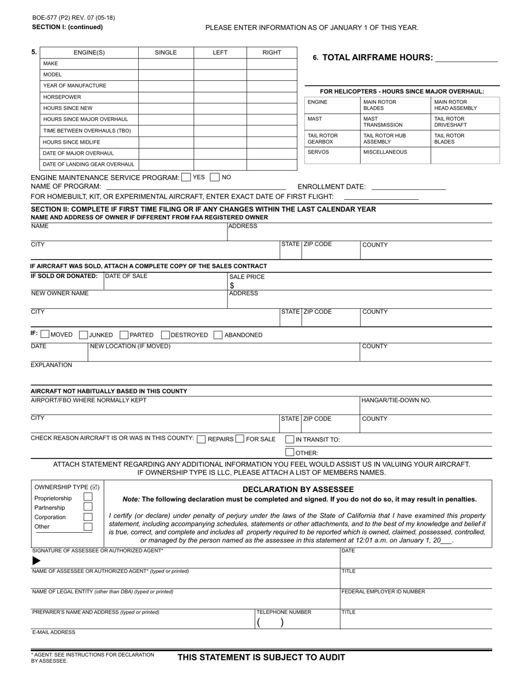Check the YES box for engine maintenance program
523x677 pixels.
186,177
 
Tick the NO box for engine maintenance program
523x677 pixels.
215,177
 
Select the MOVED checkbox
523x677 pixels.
46,335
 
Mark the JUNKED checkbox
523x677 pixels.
84,335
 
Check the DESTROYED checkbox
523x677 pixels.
166,335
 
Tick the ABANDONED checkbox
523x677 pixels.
218,335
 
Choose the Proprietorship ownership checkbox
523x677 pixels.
88,498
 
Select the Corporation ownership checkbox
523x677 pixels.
88,517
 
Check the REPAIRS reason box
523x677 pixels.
201,439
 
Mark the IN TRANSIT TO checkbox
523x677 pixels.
290,439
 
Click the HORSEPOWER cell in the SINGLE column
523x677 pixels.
166,97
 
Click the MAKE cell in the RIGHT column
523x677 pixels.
271,63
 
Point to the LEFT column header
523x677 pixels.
220,52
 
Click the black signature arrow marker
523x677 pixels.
36,561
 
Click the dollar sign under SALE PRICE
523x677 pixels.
232,286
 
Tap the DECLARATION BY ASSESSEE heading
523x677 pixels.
298,489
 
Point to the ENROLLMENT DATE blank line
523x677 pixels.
408,187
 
